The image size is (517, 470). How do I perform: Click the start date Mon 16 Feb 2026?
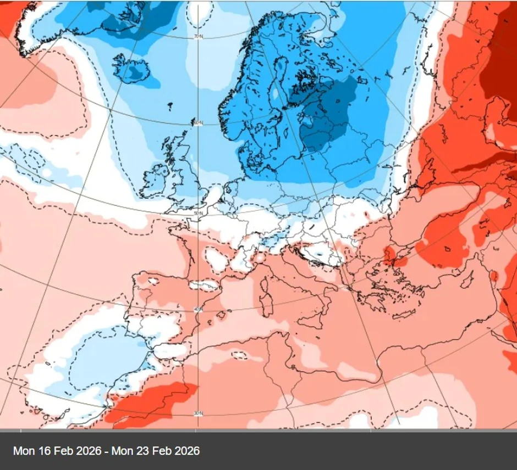57,451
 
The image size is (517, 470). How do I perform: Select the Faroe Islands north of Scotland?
169,106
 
